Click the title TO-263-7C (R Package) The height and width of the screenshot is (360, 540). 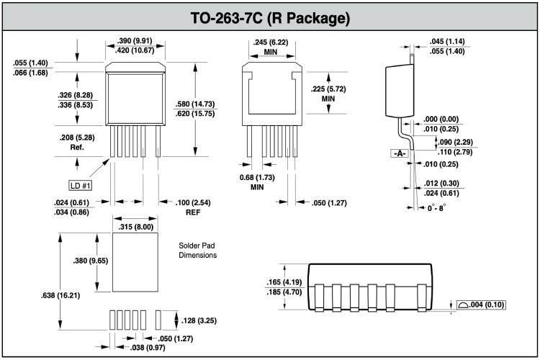[269, 17]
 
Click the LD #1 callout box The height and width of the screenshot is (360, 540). [81, 185]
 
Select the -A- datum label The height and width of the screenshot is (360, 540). [398, 153]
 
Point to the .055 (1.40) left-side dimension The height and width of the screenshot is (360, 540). [30, 63]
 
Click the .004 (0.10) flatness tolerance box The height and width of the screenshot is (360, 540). [480, 305]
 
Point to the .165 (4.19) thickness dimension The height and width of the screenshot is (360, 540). [283, 282]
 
